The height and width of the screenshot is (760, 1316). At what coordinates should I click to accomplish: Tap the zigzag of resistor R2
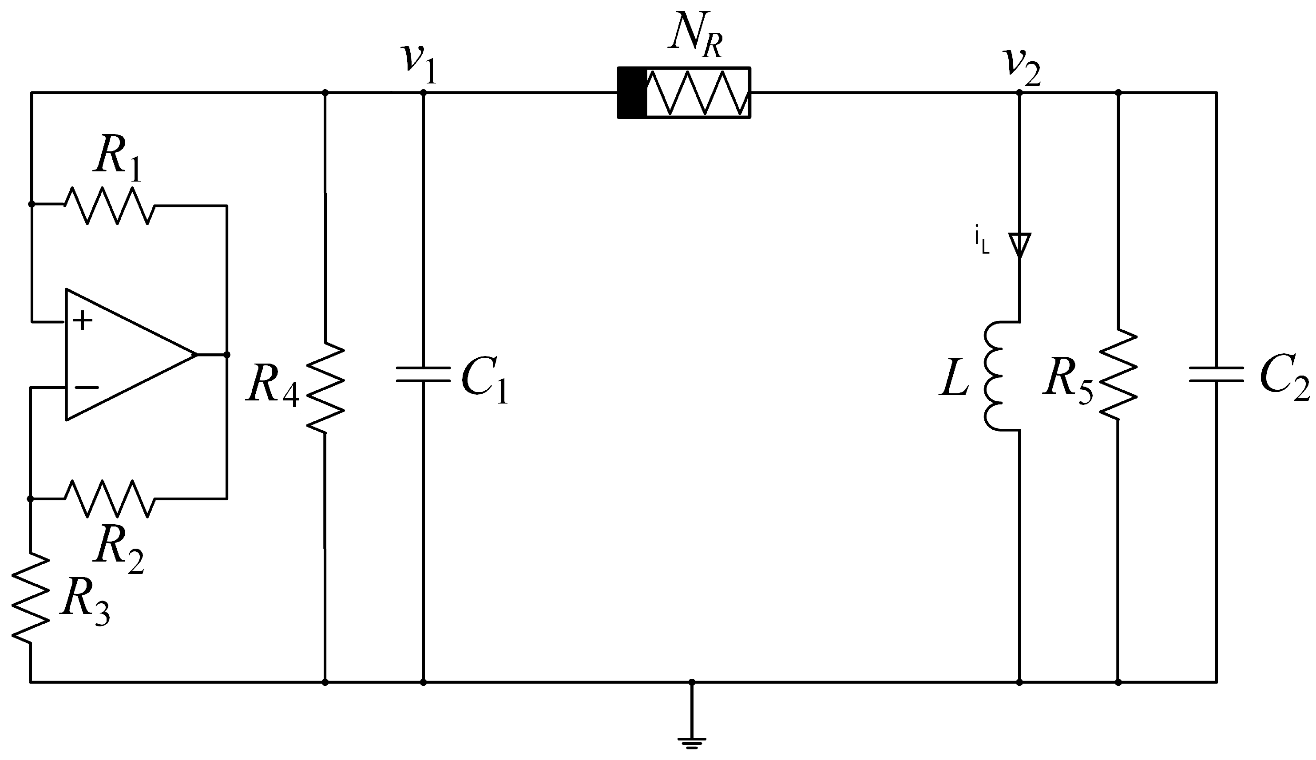point(109,499)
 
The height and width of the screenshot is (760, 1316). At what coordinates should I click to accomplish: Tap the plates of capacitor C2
point(1216,374)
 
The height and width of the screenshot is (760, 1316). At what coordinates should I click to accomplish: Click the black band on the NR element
point(632,93)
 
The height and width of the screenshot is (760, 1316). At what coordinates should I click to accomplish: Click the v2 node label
point(1021,67)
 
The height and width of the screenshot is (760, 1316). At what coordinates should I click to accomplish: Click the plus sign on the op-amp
point(83,321)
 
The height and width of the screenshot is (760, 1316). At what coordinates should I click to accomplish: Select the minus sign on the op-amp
point(86,387)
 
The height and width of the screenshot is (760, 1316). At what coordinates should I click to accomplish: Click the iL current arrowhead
point(1019,244)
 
